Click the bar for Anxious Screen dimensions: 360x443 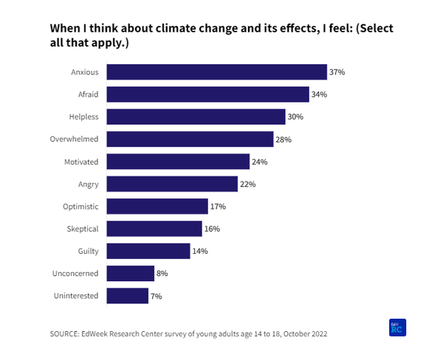pyautogui.click(x=216, y=72)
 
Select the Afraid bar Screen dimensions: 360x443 pyautogui.click(x=207, y=94)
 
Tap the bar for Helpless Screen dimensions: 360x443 pyautogui.click(x=196, y=117)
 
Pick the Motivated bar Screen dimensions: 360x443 pyautogui.click(x=178, y=162)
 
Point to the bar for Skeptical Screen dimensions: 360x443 pyautogui.click(x=154, y=229)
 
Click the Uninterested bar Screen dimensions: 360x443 pyautogui.click(x=127, y=296)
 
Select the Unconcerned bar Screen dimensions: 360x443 pyautogui.click(x=130, y=274)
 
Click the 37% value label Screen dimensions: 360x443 pyautogui.click(x=337, y=72)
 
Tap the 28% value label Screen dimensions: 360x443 pyautogui.click(x=284, y=139)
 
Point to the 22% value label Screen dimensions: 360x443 pyautogui.click(x=247, y=184)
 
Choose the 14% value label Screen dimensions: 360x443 pyautogui.click(x=199, y=252)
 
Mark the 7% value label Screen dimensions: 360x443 pyautogui.click(x=156, y=297)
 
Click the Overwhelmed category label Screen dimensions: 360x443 pyautogui.click(x=75, y=139)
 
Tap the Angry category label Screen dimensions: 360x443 pyautogui.click(x=88, y=184)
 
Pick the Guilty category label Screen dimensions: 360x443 pyautogui.click(x=89, y=252)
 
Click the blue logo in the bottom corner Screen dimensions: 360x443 pyautogui.click(x=397, y=328)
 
